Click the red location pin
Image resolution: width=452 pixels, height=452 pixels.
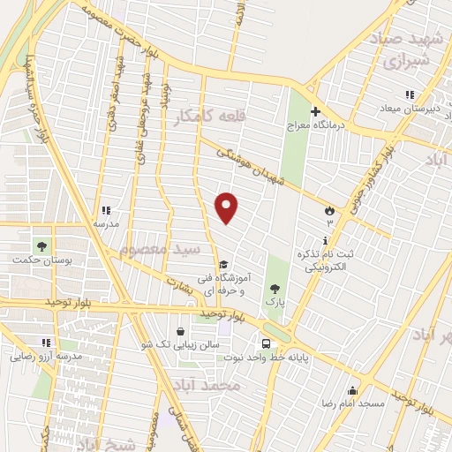[228, 207]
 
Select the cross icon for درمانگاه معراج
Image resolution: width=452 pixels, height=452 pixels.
[315, 112]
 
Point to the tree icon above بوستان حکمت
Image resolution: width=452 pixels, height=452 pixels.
[41, 245]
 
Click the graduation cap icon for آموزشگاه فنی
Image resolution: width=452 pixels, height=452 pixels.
[223, 264]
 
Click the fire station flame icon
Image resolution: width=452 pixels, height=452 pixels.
[330, 211]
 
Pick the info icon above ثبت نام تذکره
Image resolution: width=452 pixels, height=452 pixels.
[328, 240]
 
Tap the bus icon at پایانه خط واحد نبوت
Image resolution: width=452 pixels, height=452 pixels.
[265, 343]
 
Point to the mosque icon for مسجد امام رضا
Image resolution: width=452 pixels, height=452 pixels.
[352, 391]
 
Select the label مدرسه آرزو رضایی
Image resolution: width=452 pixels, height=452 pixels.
[46, 358]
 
